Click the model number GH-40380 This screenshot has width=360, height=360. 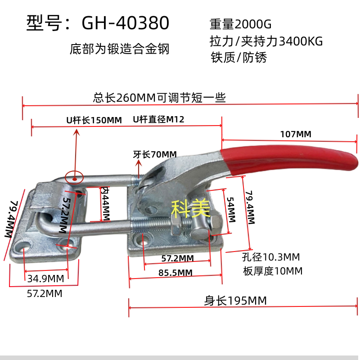126,23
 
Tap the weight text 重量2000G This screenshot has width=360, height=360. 240,24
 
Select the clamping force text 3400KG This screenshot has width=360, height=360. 301,41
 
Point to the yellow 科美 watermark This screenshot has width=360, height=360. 190,208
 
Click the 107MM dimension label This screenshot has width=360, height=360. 296,134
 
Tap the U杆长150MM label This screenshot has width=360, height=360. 94,120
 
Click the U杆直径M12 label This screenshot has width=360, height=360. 158,119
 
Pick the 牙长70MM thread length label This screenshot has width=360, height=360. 155,154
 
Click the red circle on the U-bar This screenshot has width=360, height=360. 74,177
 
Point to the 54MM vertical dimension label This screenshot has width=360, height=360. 231,210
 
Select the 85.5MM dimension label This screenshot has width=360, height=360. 175,273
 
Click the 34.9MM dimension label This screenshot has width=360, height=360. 46,279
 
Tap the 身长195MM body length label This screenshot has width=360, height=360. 235,301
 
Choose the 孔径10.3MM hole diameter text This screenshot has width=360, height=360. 271,257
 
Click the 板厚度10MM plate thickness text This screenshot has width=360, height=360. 273,271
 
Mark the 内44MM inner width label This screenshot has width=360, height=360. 106,204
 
